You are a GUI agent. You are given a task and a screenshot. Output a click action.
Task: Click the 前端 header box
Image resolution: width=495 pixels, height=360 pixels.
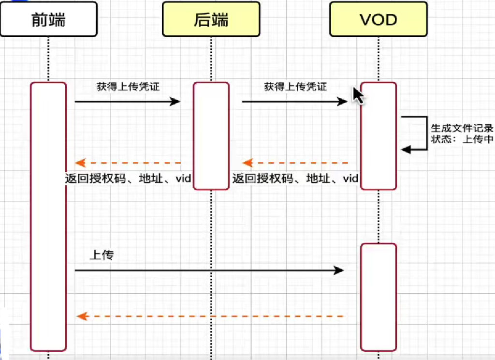(x=48, y=19)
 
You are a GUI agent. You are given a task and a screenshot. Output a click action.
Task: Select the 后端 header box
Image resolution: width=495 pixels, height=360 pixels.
(x=211, y=19)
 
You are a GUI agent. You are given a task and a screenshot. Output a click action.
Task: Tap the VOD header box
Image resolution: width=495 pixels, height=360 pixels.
(x=378, y=19)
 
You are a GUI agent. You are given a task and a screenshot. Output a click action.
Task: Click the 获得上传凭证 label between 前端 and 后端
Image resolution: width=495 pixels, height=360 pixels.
(x=128, y=87)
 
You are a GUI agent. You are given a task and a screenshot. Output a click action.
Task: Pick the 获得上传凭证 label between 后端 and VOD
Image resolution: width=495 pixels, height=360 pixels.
(x=295, y=87)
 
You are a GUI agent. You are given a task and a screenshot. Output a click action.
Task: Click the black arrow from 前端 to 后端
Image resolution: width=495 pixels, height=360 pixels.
(x=127, y=102)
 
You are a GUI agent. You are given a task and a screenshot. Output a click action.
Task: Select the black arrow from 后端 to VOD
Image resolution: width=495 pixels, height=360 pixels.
(x=294, y=102)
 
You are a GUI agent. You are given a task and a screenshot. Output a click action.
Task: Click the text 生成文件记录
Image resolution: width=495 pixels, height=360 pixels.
(x=462, y=128)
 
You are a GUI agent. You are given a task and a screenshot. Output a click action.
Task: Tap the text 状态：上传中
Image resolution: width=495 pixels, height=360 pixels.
(x=462, y=139)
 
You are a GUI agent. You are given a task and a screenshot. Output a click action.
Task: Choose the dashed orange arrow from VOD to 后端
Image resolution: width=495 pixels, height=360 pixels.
(x=295, y=163)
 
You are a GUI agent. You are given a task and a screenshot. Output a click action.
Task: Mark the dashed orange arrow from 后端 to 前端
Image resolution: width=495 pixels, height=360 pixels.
(x=128, y=163)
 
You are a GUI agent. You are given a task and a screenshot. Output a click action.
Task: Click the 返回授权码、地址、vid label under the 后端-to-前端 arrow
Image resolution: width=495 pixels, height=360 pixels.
(x=129, y=179)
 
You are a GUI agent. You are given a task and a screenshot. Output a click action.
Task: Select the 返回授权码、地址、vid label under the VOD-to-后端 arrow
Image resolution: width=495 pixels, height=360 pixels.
(x=295, y=179)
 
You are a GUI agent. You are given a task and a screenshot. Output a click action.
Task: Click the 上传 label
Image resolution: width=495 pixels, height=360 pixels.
(x=101, y=255)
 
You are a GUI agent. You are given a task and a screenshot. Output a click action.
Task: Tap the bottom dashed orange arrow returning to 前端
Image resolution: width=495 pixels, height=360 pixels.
(x=210, y=316)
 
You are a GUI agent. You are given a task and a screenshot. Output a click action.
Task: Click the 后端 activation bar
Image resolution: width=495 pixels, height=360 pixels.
(x=211, y=135)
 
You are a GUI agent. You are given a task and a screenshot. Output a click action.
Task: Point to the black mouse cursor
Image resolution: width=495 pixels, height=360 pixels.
(x=358, y=95)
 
